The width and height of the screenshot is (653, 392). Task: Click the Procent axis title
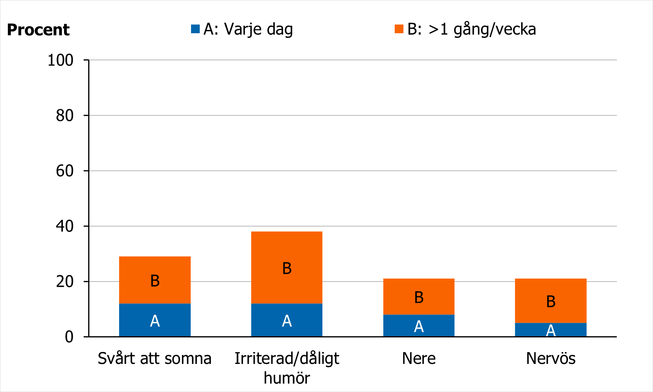tap(38, 30)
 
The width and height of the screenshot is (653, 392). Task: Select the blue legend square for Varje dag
tap(195, 29)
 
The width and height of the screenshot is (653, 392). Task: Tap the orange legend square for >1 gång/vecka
tap(399, 29)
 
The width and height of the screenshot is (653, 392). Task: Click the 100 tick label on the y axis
tap(61, 60)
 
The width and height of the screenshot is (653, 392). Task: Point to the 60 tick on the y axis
tap(65, 171)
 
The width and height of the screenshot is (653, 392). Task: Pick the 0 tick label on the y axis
tap(69, 337)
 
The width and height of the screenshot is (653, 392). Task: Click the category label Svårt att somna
tap(155, 358)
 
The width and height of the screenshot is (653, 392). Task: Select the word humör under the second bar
tap(287, 378)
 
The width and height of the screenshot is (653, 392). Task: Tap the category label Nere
tap(419, 358)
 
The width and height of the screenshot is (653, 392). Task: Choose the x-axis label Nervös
tap(551, 358)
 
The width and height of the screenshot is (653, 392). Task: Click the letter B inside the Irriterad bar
tap(287, 269)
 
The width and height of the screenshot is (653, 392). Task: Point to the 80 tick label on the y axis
tap(65, 116)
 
